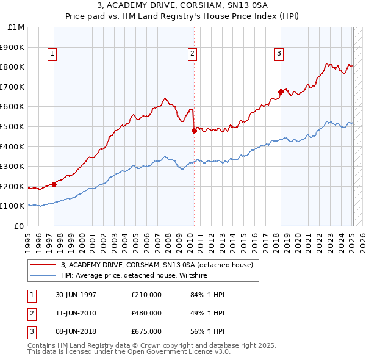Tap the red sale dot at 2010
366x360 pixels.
click(x=194, y=130)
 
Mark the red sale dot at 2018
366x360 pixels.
click(x=281, y=92)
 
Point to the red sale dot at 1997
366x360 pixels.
click(x=54, y=184)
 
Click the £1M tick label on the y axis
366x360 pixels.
click(x=16, y=27)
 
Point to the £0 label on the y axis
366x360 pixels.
click(x=20, y=226)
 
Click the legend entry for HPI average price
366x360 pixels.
click(x=134, y=275)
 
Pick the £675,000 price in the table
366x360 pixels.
click(x=146, y=331)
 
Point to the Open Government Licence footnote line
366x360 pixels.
click(x=129, y=352)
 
